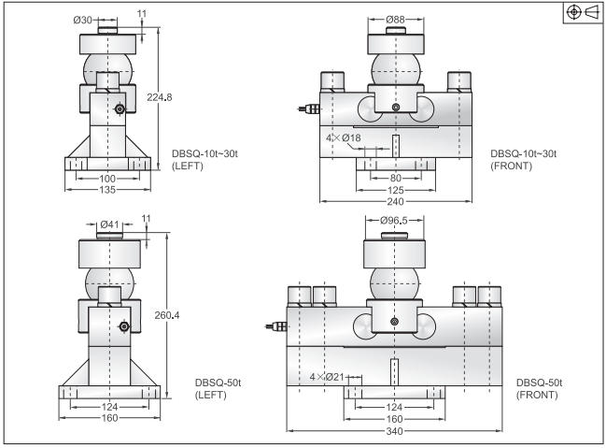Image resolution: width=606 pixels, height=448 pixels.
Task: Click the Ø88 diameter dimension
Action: (x=396, y=18)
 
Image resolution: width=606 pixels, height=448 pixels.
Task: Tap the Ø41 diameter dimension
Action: (x=109, y=224)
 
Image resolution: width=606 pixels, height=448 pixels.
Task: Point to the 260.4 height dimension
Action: (x=165, y=315)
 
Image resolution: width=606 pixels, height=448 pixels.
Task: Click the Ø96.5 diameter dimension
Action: (x=398, y=221)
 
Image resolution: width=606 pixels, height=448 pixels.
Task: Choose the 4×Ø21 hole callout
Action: (x=328, y=377)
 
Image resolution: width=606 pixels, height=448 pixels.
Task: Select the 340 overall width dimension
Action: (x=396, y=431)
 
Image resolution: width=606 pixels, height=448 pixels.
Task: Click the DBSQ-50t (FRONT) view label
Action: (x=538, y=389)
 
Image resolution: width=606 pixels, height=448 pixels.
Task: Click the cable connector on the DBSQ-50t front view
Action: (x=275, y=327)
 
